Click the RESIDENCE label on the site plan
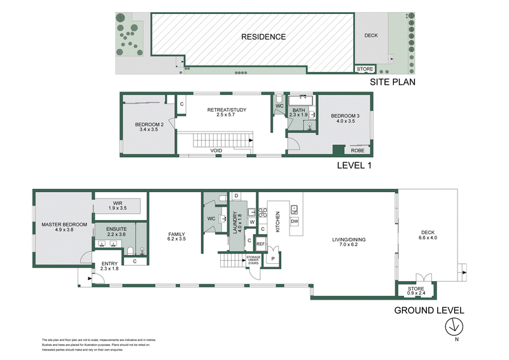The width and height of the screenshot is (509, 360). (263, 37)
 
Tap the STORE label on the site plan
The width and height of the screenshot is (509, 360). (365, 69)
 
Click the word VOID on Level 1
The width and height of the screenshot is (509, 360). (217, 151)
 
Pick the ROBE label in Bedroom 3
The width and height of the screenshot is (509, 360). (358, 151)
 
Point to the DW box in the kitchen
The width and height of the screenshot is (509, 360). (295, 221)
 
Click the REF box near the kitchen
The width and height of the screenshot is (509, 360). (260, 244)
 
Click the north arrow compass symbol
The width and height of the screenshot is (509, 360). (452, 326)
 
